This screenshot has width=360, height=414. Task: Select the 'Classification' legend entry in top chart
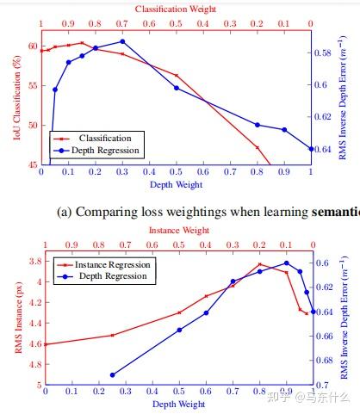[x=104, y=138]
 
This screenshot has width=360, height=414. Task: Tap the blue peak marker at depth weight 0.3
[x=122, y=41]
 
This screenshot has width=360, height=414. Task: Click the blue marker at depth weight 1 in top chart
[x=311, y=149]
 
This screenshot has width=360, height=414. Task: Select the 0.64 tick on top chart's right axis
[x=326, y=149]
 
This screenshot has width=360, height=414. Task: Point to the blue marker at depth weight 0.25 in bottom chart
[x=113, y=375]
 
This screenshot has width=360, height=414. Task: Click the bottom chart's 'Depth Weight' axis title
[x=177, y=404]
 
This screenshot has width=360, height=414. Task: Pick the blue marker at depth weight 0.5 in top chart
[x=177, y=88]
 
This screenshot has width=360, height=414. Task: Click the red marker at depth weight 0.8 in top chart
[x=257, y=147]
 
